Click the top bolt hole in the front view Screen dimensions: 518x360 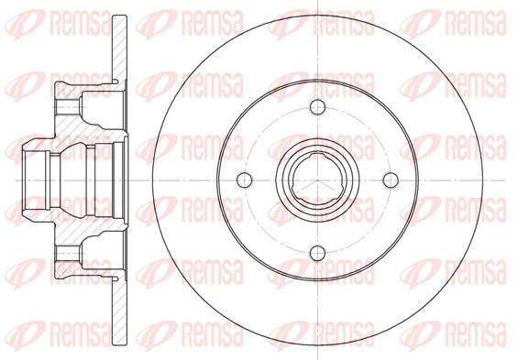tap(317, 107)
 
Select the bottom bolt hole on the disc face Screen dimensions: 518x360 tap(317, 253)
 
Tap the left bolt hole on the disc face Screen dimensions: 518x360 tap(245, 180)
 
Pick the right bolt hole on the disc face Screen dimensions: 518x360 tap(391, 180)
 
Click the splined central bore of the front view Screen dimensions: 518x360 tap(317, 180)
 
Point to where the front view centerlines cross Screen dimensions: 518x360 tap(317, 180)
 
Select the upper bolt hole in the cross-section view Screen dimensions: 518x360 tap(68, 107)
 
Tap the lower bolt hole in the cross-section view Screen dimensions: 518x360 tap(68, 253)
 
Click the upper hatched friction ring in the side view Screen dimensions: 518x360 tap(119, 49)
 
